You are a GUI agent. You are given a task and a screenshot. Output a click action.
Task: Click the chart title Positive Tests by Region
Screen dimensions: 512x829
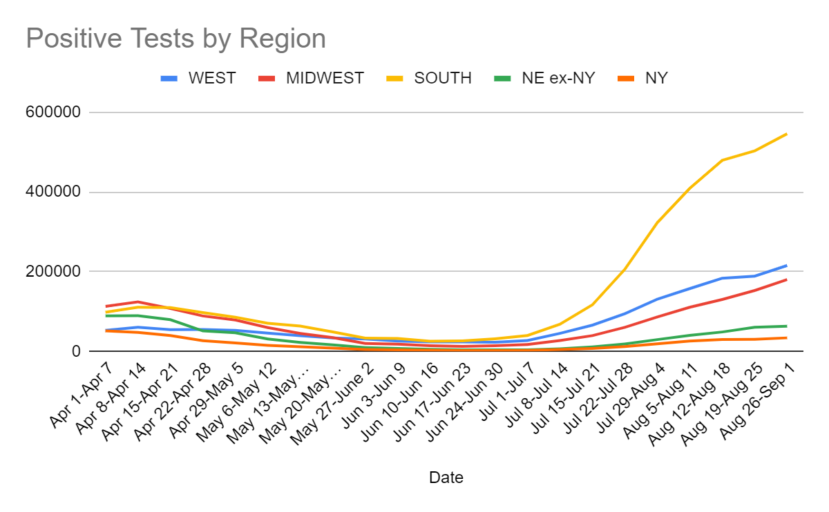(x=175, y=39)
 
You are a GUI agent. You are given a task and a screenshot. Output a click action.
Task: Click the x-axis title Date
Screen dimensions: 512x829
(x=446, y=477)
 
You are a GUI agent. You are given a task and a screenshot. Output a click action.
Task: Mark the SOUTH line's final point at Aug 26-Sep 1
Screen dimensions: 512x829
(x=787, y=134)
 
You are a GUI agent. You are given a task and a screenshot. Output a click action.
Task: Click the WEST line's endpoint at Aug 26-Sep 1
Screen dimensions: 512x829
(x=787, y=266)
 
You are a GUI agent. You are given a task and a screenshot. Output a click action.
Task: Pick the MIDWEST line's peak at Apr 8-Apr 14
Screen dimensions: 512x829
(x=138, y=302)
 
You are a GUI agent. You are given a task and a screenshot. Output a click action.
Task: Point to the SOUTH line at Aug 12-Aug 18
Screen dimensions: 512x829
(x=722, y=160)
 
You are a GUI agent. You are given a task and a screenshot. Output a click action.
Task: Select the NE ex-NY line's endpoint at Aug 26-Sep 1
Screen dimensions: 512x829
(x=787, y=326)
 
